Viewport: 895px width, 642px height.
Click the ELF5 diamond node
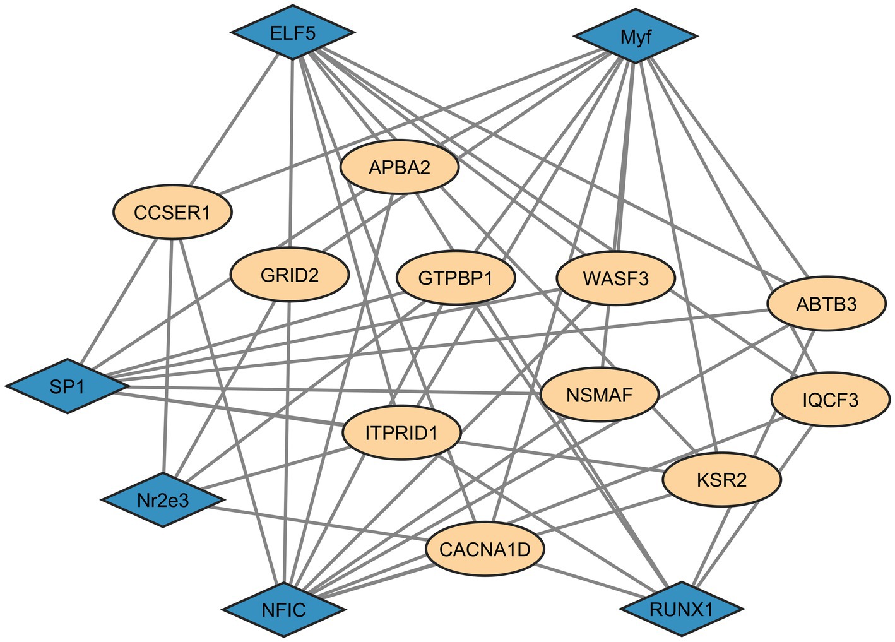pyautogui.click(x=292, y=33)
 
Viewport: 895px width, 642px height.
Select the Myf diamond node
pyautogui.click(x=636, y=37)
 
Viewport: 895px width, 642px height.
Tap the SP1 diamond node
pyautogui.click(x=68, y=386)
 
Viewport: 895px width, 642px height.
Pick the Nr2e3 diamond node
pyautogui.click(x=163, y=500)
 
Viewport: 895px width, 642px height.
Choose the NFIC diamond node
pyautogui.click(x=283, y=609)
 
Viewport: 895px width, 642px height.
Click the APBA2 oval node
pyautogui.click(x=400, y=167)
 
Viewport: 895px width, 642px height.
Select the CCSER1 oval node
pyautogui.click(x=172, y=212)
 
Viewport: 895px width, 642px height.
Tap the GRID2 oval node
pyautogui.click(x=290, y=275)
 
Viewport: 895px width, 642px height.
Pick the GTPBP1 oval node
pyautogui.click(x=456, y=278)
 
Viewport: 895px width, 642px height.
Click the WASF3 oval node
pyautogui.click(x=615, y=278)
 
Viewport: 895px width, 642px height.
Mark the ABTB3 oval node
pyautogui.click(x=826, y=304)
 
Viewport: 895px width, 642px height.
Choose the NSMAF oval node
pyautogui.click(x=600, y=395)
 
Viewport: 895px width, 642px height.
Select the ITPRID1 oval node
pyautogui.click(x=401, y=433)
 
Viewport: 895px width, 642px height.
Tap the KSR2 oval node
pyautogui.click(x=721, y=480)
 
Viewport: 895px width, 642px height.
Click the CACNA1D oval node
pyautogui.click(x=485, y=549)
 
